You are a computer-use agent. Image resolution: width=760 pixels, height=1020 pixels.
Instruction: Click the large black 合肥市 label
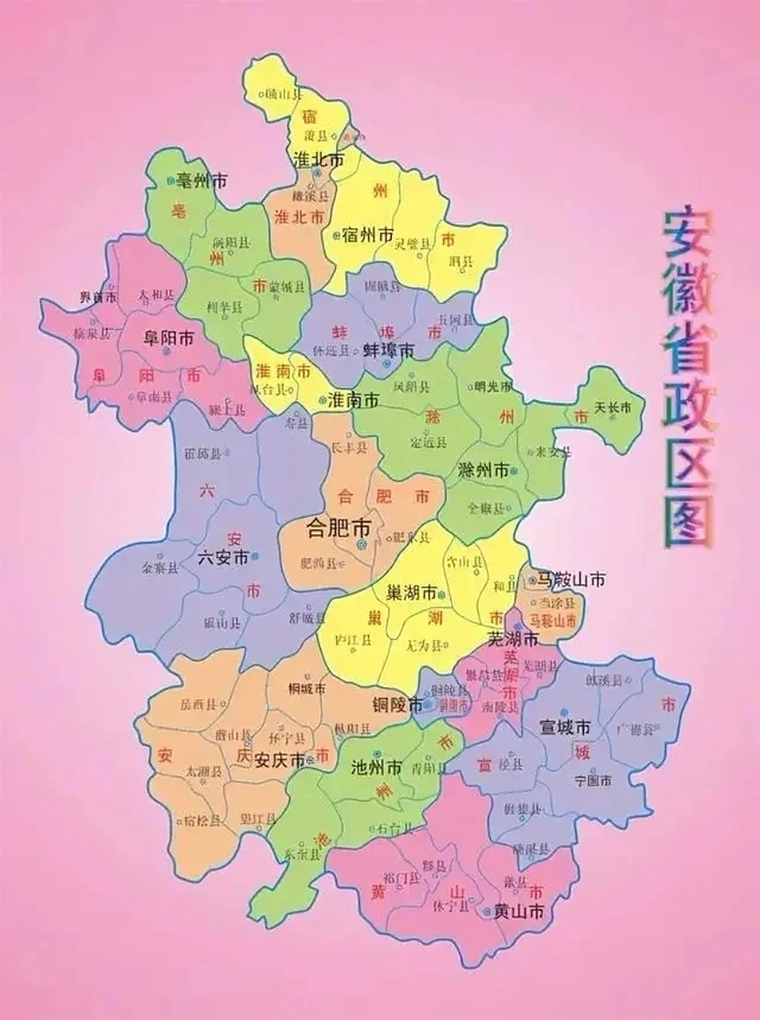tap(339, 527)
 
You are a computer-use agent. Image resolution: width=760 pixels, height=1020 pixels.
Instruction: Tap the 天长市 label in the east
tap(613, 408)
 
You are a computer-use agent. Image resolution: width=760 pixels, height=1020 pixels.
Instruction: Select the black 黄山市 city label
tap(519, 912)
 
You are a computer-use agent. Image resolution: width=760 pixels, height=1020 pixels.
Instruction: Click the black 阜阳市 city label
tap(168, 338)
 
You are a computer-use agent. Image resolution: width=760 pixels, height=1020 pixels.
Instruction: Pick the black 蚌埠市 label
tap(389, 350)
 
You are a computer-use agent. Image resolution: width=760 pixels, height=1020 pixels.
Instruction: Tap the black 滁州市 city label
tap(484, 469)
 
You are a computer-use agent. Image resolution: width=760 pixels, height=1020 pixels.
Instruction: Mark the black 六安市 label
tap(223, 557)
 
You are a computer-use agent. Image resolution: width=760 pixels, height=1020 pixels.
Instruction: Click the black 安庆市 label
tap(279, 760)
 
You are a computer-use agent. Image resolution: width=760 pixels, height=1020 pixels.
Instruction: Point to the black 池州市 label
tap(376, 768)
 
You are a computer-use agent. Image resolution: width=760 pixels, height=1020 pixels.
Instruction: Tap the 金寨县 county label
tap(160, 569)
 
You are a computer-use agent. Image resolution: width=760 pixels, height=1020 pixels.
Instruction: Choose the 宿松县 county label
tap(202, 821)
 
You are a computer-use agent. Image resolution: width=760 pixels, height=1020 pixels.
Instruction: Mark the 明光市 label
tap(495, 387)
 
